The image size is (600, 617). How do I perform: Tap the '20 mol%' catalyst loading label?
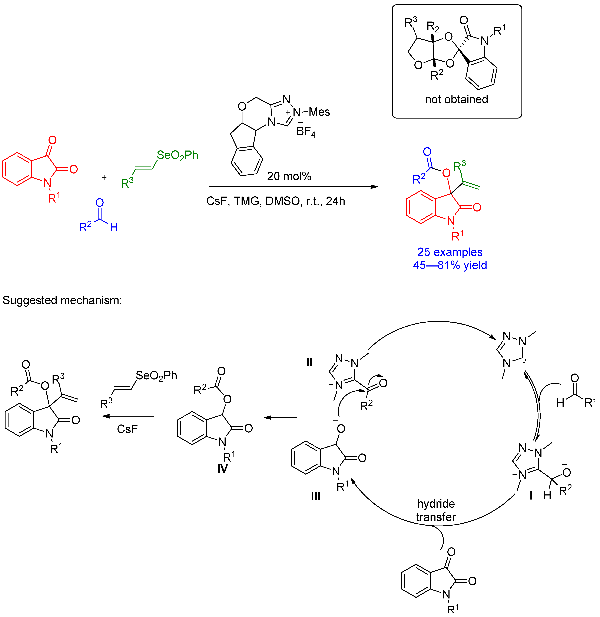pyautogui.click(x=289, y=176)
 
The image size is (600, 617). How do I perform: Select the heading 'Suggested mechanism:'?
pyautogui.click(x=62, y=300)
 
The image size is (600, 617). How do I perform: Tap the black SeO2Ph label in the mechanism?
pyautogui.click(x=156, y=376)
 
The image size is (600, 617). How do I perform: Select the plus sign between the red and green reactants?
pyautogui.click(x=104, y=177)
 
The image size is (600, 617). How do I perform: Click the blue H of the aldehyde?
pyautogui.click(x=114, y=227)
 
